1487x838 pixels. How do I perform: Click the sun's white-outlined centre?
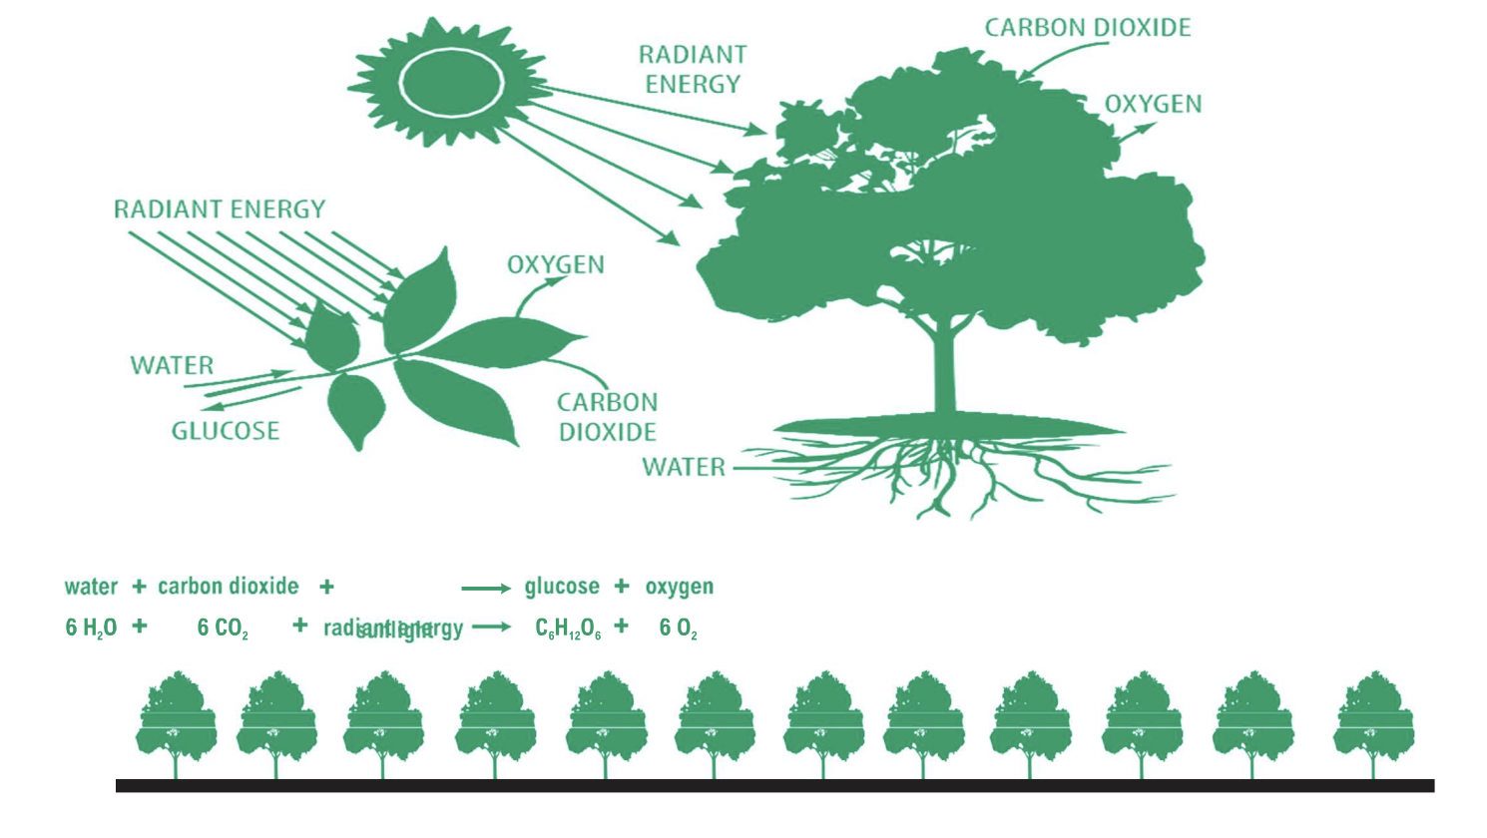click(x=451, y=83)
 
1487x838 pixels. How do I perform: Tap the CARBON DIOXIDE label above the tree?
click(x=1088, y=28)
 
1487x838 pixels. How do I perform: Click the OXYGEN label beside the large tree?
click(x=1153, y=104)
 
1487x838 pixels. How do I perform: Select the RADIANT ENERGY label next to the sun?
click(x=693, y=69)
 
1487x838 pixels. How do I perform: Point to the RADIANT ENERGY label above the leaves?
click(x=220, y=209)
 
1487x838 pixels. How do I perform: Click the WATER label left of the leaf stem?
click(x=172, y=365)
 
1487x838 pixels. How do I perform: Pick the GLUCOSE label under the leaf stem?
click(x=226, y=431)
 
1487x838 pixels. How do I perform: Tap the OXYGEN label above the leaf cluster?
click(x=556, y=264)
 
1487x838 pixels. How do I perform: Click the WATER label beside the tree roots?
click(x=684, y=467)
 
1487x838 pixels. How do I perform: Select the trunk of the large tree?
click(x=944, y=369)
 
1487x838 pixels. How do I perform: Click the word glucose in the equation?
click(x=562, y=587)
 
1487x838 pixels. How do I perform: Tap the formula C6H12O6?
click(x=568, y=628)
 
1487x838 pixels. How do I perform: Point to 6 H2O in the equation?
click(x=91, y=628)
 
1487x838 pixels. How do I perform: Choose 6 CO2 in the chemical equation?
click(x=223, y=628)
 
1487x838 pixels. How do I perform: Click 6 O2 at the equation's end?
click(x=679, y=628)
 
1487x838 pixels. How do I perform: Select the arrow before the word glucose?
click(x=486, y=589)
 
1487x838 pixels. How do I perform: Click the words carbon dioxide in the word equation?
click(x=229, y=587)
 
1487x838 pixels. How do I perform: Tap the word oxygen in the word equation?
click(x=680, y=587)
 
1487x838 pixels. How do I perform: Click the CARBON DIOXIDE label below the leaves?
click(x=607, y=417)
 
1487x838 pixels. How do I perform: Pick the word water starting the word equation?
click(x=91, y=587)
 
